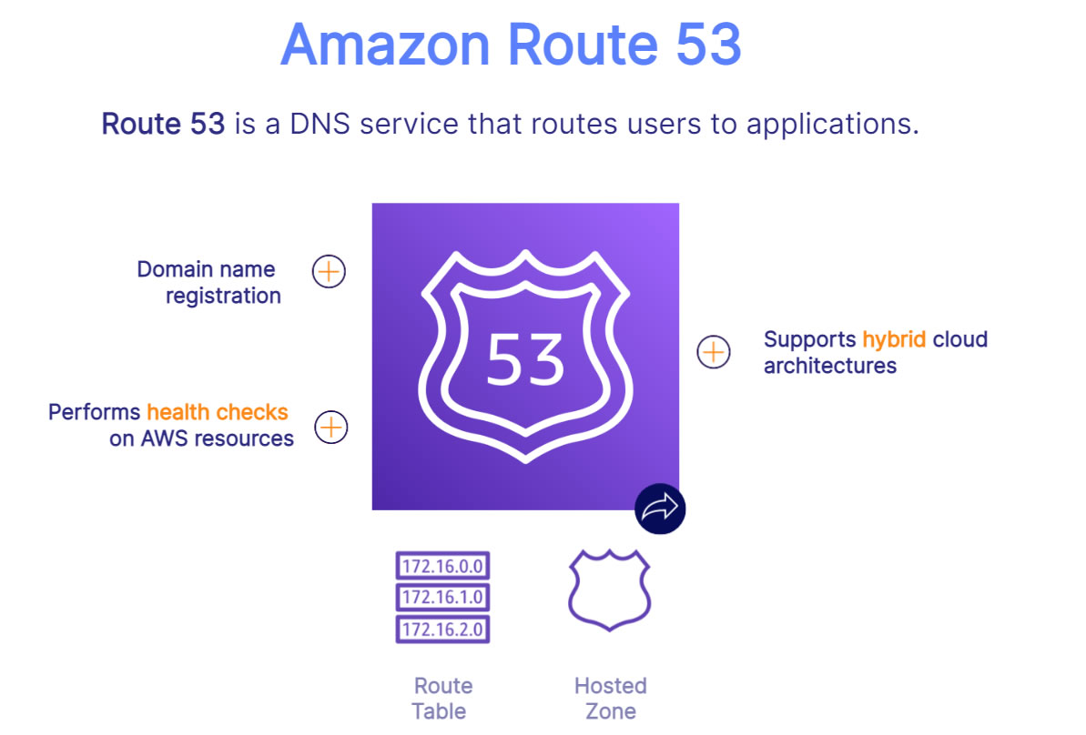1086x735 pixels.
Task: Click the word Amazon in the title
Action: coord(386,45)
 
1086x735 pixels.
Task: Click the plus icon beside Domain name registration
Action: coord(329,270)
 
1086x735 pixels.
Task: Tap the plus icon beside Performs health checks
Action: coord(331,427)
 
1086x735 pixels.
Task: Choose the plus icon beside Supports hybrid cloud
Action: coord(714,352)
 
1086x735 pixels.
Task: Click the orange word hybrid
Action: coord(893,340)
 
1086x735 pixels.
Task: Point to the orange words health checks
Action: coord(218,412)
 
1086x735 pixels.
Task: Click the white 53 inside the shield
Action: coord(525,359)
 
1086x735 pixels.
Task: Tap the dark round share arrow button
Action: coord(660,508)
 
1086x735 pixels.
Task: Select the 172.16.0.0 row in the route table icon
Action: coord(442,566)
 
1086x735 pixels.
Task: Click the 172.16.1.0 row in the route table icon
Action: coord(442,598)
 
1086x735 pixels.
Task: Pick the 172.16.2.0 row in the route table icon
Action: coord(442,629)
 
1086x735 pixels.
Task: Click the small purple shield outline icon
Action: coord(610,589)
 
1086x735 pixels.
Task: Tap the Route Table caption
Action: coord(442,699)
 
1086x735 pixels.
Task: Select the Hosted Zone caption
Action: coord(610,699)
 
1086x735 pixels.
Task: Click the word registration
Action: coord(223,297)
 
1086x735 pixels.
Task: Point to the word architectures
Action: coord(829,366)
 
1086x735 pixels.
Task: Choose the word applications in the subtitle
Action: coord(833,125)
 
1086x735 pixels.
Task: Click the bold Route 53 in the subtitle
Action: coord(164,124)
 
